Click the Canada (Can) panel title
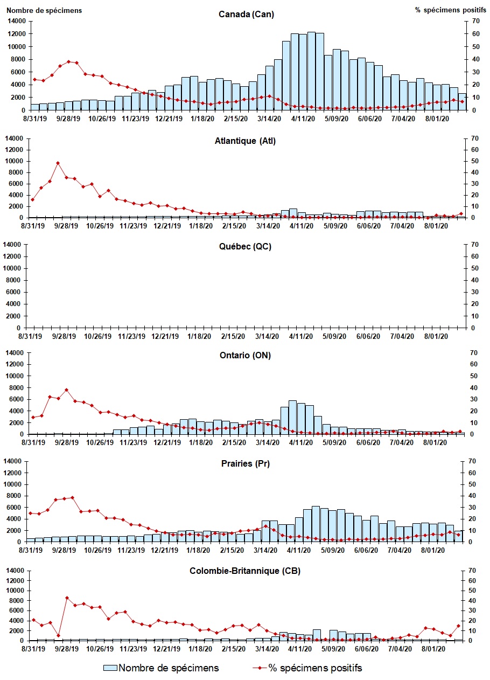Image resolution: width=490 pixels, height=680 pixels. [x=246, y=14]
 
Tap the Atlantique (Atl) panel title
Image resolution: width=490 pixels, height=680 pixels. [x=246, y=141]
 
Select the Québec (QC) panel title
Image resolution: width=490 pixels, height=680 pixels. [x=246, y=247]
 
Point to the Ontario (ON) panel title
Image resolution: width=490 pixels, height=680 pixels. [x=246, y=355]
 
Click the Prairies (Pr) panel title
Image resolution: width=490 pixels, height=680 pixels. [x=246, y=464]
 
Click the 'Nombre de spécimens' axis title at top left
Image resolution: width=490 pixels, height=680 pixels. [x=44, y=10]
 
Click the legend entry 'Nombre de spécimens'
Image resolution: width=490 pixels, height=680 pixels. [x=161, y=668]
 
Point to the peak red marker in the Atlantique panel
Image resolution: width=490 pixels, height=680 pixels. [x=58, y=163]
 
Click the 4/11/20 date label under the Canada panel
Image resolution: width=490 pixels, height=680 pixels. [x=303, y=119]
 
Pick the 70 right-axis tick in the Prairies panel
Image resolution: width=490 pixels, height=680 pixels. [x=474, y=461]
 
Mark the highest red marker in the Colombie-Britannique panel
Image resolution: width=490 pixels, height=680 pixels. [x=67, y=598]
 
